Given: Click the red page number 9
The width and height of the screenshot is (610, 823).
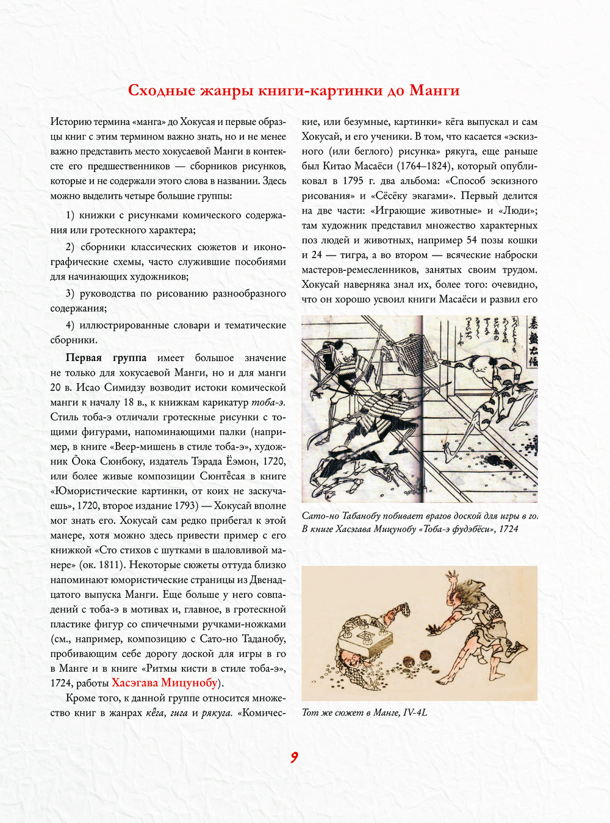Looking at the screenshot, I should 294,758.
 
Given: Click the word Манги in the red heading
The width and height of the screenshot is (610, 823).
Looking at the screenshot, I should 434,91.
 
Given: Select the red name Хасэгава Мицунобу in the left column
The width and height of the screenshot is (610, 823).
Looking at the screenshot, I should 164,683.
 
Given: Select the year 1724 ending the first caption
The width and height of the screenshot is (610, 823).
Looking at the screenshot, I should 508,529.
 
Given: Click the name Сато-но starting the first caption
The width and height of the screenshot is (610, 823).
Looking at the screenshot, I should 320,516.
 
